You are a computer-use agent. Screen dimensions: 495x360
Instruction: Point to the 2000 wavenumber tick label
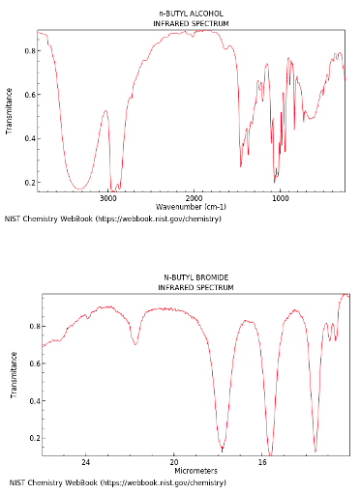pyautogui.click(x=194, y=197)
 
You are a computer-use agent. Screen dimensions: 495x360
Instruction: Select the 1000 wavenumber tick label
pyautogui.click(x=280, y=197)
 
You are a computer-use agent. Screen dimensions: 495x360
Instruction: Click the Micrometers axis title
pyautogui.click(x=195, y=471)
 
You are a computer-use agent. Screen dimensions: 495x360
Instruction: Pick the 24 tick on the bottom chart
pyautogui.click(x=85, y=462)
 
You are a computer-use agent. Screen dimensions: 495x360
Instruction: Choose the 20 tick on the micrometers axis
pyautogui.click(x=174, y=462)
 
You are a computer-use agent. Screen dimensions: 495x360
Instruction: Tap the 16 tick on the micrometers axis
pyautogui.click(x=262, y=462)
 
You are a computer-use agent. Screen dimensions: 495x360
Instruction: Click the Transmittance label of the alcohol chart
pyautogui.click(x=10, y=110)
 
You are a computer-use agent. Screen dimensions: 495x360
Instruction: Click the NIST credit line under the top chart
pyautogui.click(x=112, y=219)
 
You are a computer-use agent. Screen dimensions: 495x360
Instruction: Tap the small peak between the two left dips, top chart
pyautogui.click(x=105, y=111)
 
